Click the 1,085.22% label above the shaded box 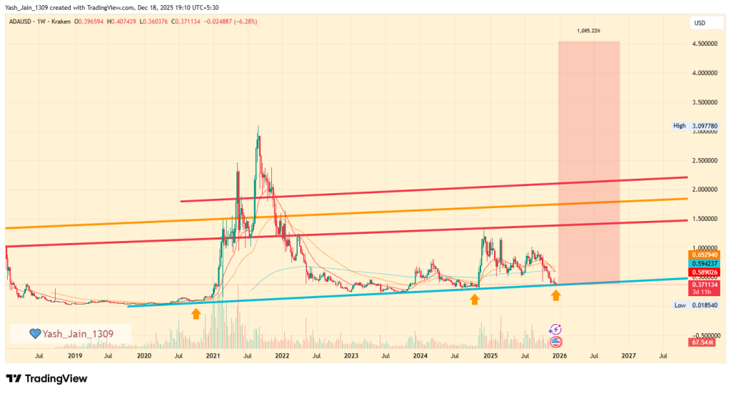point(589,31)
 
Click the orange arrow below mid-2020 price point(196,312)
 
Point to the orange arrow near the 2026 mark point(555,295)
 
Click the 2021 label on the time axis point(213,355)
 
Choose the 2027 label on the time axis point(627,355)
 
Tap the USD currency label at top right point(700,23)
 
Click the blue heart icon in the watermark point(34,333)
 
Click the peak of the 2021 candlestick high point(258,127)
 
